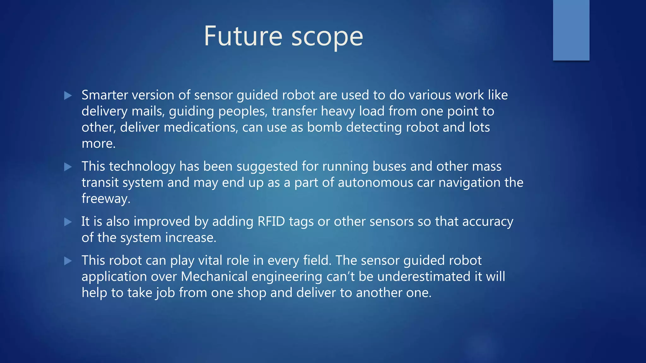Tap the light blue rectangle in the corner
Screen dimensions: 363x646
(571, 30)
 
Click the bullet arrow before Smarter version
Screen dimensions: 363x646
(68, 95)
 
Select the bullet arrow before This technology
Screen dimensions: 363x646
(68, 167)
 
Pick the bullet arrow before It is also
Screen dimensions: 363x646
(68, 222)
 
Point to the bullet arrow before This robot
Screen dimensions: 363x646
(68, 261)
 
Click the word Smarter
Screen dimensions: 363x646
(104, 95)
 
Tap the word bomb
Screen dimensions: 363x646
(325, 127)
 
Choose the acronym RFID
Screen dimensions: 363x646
(271, 222)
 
